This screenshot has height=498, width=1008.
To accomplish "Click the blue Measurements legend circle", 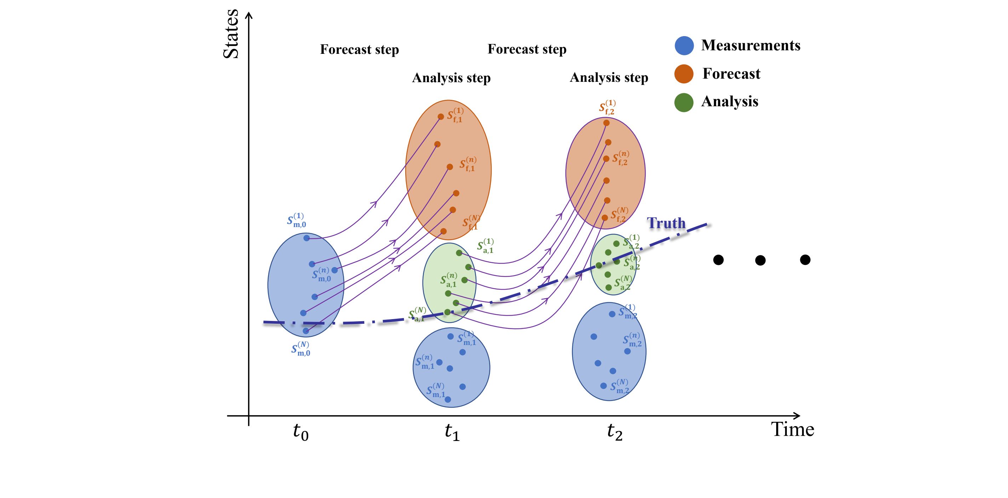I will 684,45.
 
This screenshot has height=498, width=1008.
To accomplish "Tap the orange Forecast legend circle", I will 684,74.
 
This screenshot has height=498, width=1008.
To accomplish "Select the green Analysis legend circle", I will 684,102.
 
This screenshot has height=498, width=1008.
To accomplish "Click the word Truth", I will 666,223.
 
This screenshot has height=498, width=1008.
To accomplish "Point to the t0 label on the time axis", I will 300,432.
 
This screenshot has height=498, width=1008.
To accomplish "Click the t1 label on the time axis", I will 452,432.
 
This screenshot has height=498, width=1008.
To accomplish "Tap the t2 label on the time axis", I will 614,432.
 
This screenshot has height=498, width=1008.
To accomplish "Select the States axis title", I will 231,34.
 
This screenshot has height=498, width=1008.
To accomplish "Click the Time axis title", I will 793,430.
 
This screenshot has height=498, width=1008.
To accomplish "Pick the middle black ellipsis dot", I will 760,260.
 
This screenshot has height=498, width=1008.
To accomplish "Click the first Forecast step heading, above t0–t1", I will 359,49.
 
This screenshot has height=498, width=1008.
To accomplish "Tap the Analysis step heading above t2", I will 609,78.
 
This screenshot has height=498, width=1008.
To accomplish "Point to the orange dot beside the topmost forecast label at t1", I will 441,117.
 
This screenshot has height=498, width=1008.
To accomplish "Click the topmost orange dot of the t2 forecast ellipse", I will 606,123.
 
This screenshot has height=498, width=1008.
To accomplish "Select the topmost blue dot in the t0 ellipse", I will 307,238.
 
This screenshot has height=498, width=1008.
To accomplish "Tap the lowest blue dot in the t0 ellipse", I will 305,331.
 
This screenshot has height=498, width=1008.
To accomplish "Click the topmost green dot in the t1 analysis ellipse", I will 459,253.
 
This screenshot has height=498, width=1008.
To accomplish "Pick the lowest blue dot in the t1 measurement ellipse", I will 448,399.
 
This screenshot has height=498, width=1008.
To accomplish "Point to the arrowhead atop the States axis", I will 248,15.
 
